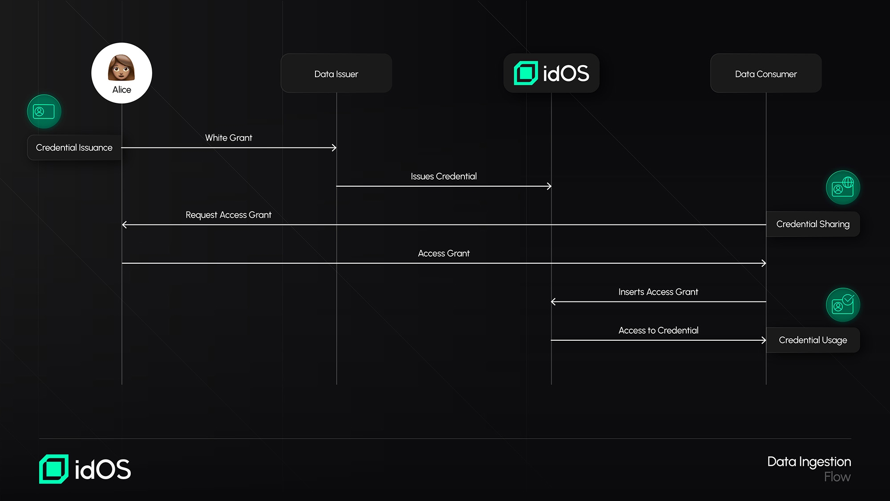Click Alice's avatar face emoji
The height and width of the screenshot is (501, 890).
[121, 68]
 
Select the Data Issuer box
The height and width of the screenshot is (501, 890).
[336, 73]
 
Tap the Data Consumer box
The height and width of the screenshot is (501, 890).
[765, 73]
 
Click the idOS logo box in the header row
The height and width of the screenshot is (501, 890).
[551, 73]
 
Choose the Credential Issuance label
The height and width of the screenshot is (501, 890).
[74, 147]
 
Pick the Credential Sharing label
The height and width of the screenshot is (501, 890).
[813, 224]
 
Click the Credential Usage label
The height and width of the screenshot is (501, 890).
[813, 340]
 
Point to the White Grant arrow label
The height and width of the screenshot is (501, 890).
[228, 138]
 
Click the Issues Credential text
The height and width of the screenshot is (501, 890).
[443, 176]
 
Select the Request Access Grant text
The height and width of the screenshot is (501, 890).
[228, 215]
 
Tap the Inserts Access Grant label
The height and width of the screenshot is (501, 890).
[658, 292]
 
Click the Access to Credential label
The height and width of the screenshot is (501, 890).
[658, 330]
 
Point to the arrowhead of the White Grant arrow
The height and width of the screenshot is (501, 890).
[335, 147]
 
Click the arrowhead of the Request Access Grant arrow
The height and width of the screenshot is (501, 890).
[124, 225]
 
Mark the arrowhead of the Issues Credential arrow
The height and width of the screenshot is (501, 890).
[550, 186]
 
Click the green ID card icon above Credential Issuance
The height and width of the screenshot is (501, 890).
[44, 111]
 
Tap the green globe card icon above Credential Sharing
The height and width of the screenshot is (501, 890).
[843, 187]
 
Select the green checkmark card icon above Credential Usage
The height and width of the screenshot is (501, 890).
[843, 305]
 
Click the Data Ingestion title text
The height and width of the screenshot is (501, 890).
[809, 462]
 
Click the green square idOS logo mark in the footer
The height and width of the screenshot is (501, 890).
[54, 469]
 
